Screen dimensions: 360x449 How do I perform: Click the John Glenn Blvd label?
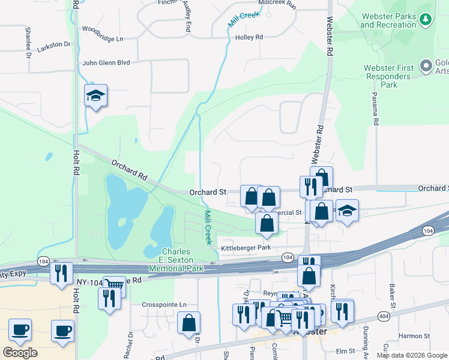coord(106,62)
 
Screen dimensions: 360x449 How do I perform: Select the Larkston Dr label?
coord(53,44)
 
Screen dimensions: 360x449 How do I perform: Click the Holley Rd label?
coord(250,37)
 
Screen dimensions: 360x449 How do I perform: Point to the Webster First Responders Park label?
coord(389,76)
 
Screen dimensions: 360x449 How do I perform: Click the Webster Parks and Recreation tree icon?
coord(426,20)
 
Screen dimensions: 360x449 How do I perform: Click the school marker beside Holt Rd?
coord(95,96)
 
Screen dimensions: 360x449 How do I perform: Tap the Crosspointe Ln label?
coord(164,304)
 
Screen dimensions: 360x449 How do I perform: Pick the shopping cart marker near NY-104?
coord(114,286)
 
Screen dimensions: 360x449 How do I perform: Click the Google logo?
coord(20,353)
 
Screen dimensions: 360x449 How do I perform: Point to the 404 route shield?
coord(384,316)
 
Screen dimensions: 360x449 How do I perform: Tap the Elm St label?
coord(346,351)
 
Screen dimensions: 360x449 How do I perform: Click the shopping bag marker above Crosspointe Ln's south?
coord(189,323)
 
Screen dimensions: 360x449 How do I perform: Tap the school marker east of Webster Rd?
coord(347,211)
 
